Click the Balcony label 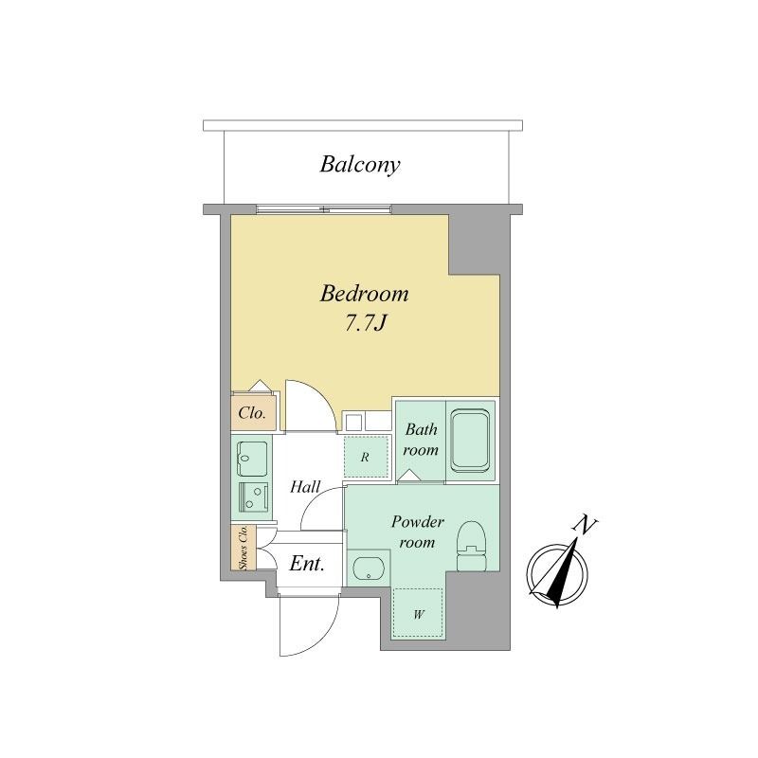click(x=360, y=165)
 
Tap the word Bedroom click(x=364, y=294)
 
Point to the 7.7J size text click(x=366, y=323)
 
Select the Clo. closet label click(x=252, y=413)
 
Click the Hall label click(x=305, y=486)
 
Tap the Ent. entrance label click(x=306, y=564)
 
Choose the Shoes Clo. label click(x=244, y=547)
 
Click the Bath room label click(x=421, y=440)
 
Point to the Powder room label click(x=417, y=532)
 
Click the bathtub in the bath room click(x=470, y=441)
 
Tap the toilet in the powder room click(x=471, y=546)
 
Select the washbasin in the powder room click(x=369, y=569)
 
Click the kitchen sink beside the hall click(x=252, y=459)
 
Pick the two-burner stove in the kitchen click(x=253, y=497)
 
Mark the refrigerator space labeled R click(x=366, y=457)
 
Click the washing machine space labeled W click(x=418, y=613)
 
